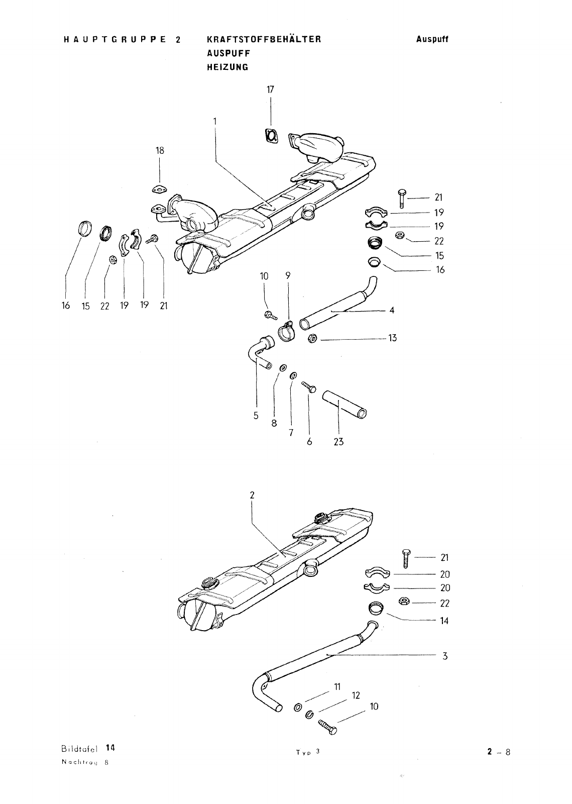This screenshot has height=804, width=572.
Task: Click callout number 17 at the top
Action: [x=271, y=89]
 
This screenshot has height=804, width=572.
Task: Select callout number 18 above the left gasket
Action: [x=160, y=150]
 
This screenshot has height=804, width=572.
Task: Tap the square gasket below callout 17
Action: [x=272, y=136]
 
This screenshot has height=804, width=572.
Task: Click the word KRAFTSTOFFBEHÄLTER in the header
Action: [x=263, y=39]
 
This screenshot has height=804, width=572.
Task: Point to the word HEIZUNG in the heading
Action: [x=227, y=67]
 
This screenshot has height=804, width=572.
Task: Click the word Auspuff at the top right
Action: [x=432, y=39]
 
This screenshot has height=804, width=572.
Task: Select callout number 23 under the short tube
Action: [x=338, y=443]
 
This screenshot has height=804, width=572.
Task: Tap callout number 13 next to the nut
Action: [x=392, y=338]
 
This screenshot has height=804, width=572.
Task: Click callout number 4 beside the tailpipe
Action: [x=392, y=310]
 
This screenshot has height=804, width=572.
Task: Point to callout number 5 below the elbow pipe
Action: [x=256, y=416]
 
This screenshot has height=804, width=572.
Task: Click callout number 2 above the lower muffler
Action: [x=252, y=495]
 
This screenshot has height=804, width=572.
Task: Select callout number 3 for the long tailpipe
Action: [x=444, y=656]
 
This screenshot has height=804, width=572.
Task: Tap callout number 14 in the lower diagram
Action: [x=444, y=621]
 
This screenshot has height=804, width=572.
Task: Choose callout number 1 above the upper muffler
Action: [x=214, y=121]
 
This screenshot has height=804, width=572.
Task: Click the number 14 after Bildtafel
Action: [x=111, y=747]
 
